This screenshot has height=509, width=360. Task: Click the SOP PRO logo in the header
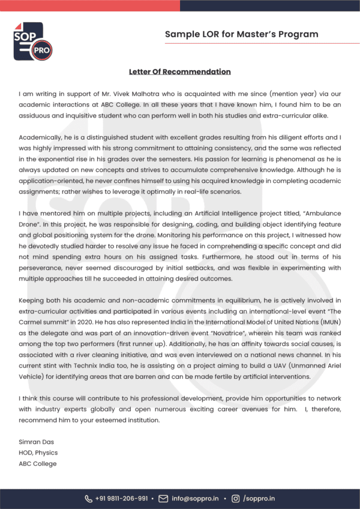click(32, 41)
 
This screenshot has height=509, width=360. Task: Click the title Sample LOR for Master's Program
click(241, 34)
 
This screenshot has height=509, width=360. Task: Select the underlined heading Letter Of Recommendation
click(179, 72)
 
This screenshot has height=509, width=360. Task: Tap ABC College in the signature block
click(38, 463)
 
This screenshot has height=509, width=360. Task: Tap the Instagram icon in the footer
click(235, 498)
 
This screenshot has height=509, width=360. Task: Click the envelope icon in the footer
click(163, 498)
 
